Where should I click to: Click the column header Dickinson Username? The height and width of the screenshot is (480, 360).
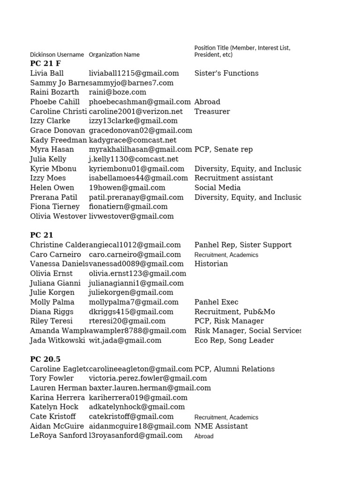click(57, 54)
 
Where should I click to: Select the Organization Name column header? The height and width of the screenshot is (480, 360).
click(114, 54)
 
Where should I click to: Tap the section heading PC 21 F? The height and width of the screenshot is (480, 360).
click(45, 63)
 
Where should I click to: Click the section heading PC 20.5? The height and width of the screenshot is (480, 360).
click(45, 359)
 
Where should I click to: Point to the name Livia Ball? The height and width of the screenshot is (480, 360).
click(47, 73)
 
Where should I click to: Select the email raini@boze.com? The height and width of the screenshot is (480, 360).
click(118, 92)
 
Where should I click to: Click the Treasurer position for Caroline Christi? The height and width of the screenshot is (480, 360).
click(212, 112)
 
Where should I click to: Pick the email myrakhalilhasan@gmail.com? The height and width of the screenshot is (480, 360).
click(140, 150)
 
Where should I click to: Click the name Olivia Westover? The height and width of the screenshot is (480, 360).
click(58, 216)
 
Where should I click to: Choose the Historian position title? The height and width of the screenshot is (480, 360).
click(211, 264)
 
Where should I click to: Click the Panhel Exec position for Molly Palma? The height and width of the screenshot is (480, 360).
click(216, 302)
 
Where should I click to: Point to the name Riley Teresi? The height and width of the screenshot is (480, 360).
click(51, 321)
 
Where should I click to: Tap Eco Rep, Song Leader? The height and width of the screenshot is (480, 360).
click(234, 340)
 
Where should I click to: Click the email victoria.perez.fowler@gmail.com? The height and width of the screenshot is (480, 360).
click(148, 378)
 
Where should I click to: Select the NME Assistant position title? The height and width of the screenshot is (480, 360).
click(221, 426)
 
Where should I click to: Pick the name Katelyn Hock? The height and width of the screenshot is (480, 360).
click(54, 407)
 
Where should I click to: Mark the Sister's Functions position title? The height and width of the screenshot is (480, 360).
click(226, 73)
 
